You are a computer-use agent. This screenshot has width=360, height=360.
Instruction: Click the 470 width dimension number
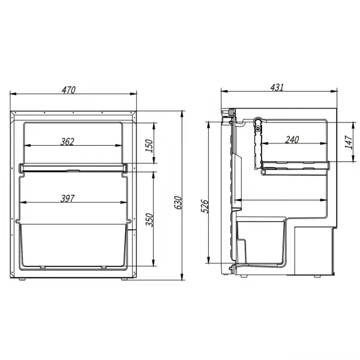pyautogui.click(x=68, y=90)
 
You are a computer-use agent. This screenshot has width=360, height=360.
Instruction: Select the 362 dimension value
pyautogui.click(x=67, y=142)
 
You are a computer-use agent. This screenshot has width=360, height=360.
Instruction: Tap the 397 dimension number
pyautogui.click(x=67, y=199)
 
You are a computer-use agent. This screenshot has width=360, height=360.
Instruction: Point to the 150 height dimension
pyautogui.click(x=149, y=146)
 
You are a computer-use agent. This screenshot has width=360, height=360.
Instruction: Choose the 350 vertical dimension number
pyautogui.click(x=149, y=220)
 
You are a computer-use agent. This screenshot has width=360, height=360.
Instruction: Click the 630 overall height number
pyautogui.click(x=178, y=203)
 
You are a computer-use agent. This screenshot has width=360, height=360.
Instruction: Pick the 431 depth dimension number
pyautogui.click(x=277, y=88)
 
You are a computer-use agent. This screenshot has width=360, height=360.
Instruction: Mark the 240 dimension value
pyautogui.click(x=292, y=140)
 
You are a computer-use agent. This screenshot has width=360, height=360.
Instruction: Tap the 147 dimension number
pyautogui.click(x=349, y=142)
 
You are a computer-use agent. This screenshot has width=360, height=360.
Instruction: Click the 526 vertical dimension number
pyautogui.click(x=205, y=206)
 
